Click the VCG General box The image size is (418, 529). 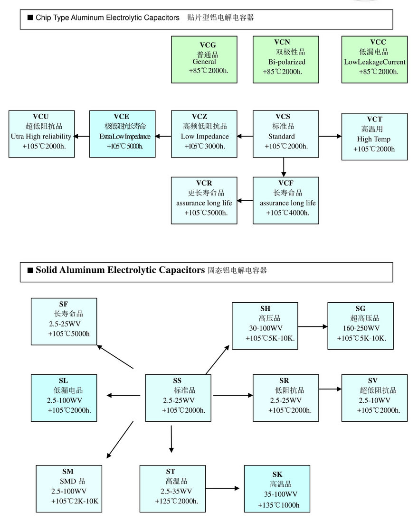[204, 59]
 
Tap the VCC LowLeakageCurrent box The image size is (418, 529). [374, 59]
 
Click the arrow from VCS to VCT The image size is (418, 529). [330, 137]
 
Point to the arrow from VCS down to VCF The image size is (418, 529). [284, 167]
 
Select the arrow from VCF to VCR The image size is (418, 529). [245, 201]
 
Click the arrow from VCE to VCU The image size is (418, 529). [82, 137]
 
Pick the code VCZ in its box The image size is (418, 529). [204, 117]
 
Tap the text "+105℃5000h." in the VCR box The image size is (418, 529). [206, 213]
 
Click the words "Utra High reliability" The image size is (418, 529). [41, 137]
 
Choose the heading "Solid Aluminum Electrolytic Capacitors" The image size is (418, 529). [120, 270]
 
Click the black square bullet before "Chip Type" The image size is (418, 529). [30, 18]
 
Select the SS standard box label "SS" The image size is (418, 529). [177, 381]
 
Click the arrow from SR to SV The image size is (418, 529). [330, 389]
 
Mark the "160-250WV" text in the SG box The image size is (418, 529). [361, 328]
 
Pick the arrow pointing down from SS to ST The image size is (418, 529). [171, 439]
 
